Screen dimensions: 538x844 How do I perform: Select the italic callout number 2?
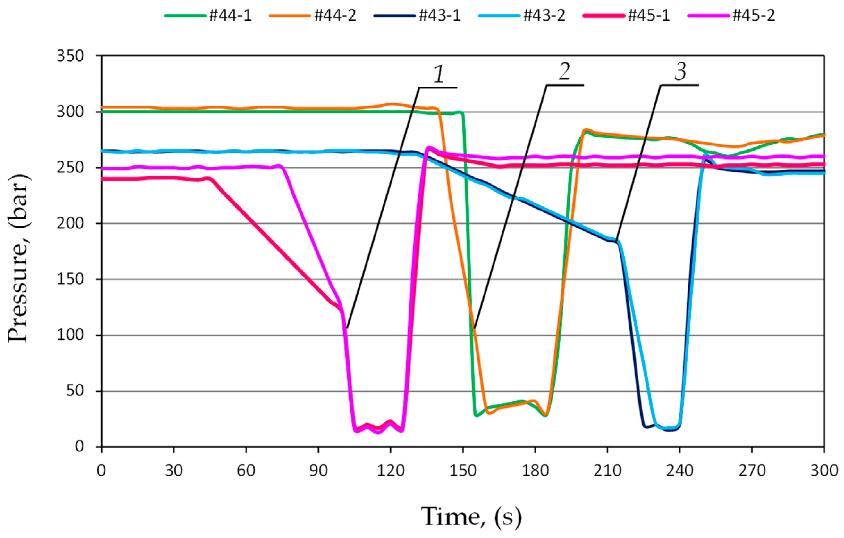pyautogui.click(x=564, y=72)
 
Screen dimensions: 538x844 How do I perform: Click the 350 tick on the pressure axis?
pyautogui.click(x=71, y=56)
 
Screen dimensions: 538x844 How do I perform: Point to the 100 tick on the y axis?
pyautogui.click(x=71, y=335)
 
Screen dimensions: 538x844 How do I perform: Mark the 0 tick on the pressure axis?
pyautogui.click(x=80, y=447)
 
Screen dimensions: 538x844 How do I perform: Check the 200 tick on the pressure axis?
pyautogui.click(x=71, y=223)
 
